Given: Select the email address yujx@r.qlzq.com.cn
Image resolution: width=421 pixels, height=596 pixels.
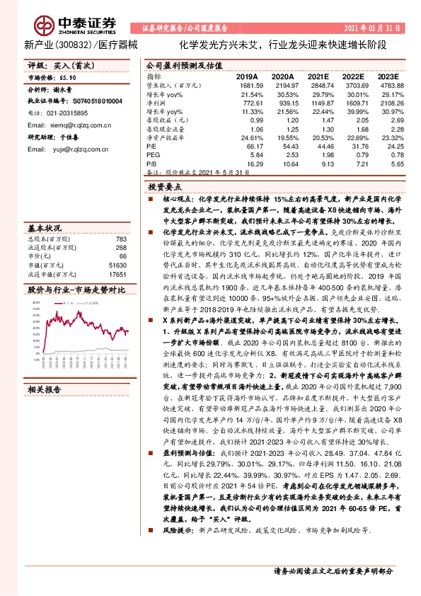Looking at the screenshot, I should (79, 149).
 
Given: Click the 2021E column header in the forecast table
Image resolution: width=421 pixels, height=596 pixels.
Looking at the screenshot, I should (318, 76).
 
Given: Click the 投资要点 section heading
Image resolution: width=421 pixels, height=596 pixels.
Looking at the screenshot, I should (165, 188).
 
